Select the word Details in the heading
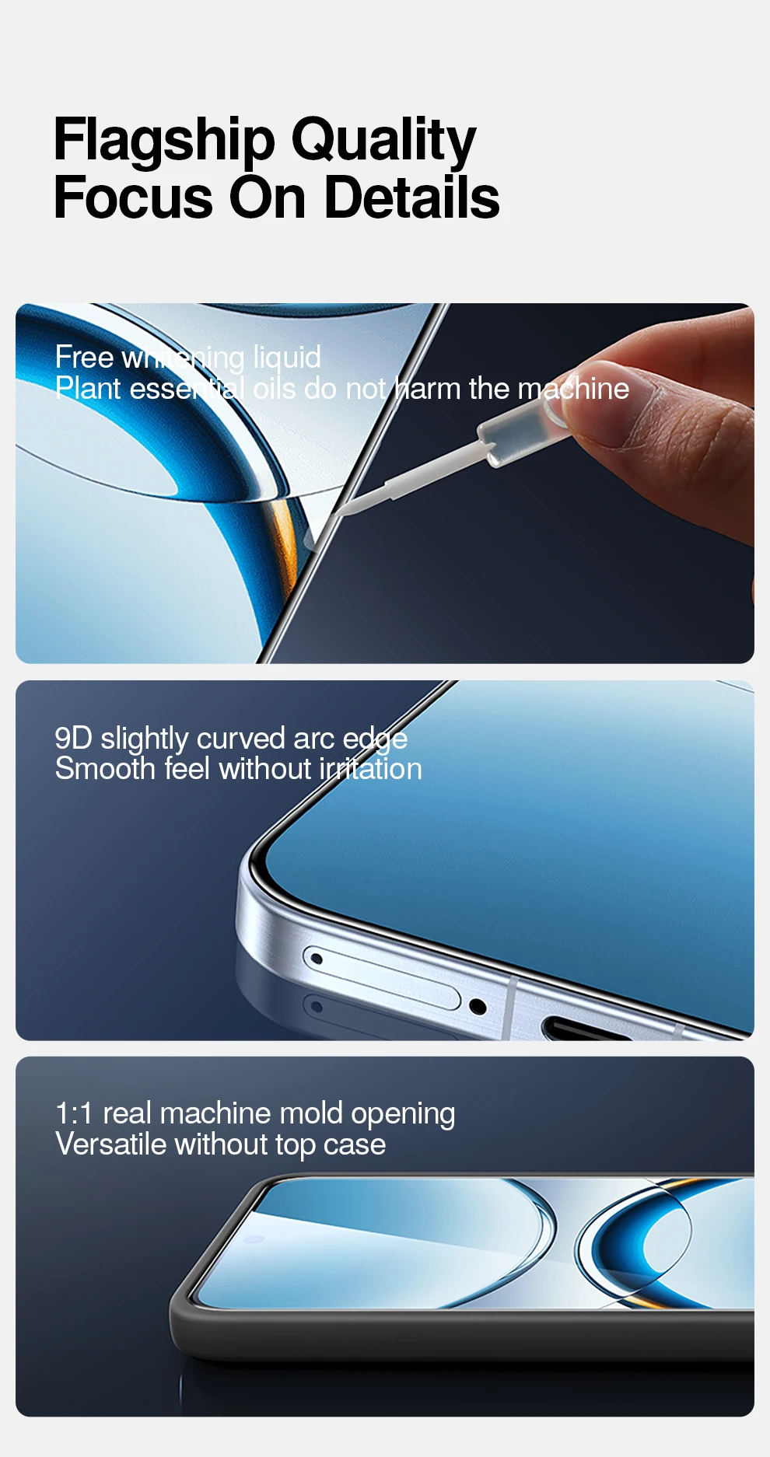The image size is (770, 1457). click(x=411, y=197)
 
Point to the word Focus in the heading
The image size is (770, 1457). click(x=133, y=197)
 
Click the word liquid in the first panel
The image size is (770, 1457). click(x=287, y=358)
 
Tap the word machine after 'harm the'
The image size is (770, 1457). click(x=573, y=389)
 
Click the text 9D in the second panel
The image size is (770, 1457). click(x=73, y=739)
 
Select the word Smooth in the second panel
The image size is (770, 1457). click(x=105, y=770)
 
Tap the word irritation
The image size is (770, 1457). click(x=371, y=770)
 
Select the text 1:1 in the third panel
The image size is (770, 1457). click(x=74, y=1114)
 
